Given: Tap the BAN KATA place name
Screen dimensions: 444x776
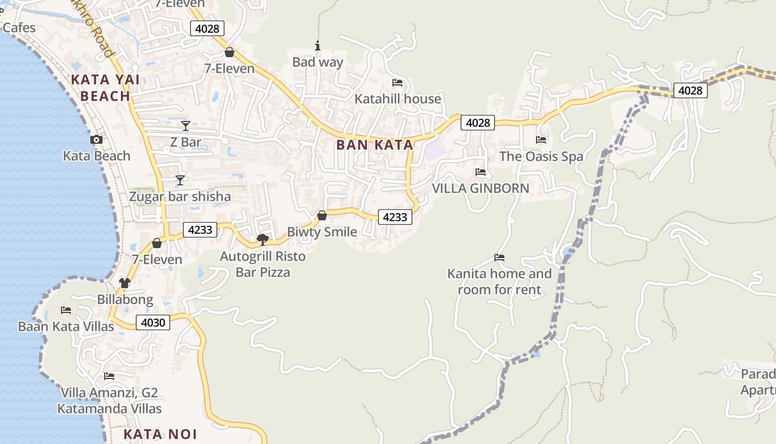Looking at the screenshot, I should [375, 145].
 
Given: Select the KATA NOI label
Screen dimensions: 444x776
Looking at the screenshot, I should [160, 434].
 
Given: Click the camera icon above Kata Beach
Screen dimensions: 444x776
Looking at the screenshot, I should [96, 140].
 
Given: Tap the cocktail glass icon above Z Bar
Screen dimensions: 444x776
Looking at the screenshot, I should [186, 126].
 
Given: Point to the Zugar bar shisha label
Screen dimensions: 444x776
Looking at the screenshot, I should [180, 197].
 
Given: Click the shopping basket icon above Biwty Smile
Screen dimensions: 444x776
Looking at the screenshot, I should [322, 215].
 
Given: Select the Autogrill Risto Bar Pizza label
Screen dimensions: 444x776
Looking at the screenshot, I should [263, 264].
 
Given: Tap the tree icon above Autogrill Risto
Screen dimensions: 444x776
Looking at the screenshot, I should [263, 240].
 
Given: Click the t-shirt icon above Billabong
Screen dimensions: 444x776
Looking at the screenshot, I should [125, 283].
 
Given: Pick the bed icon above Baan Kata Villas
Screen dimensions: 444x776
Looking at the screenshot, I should [66, 310].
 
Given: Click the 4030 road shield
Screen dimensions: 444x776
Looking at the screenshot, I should [153, 322].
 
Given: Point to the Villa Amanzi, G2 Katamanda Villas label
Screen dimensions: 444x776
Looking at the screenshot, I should [110, 401].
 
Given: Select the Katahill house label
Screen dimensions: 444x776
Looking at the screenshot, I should [398, 99].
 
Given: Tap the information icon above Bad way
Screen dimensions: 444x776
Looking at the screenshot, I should [318, 46].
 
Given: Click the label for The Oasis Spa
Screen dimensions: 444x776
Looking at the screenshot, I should [542, 157].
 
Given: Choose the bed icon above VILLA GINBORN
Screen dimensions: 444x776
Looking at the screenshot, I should [481, 172].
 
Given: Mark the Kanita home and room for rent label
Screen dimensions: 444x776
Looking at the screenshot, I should [499, 281].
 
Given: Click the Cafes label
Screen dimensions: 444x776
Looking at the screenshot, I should [19, 28].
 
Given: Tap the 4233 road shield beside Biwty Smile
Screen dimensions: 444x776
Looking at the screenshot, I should [395, 217].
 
